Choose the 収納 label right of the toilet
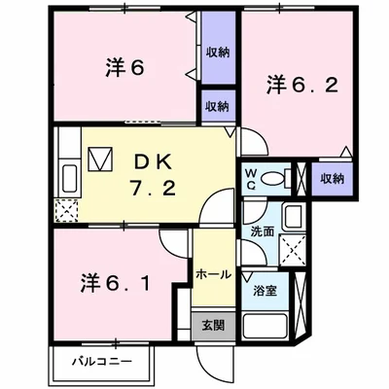[332, 179]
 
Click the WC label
[250, 179]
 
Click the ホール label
[213, 275]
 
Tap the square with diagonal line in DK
[99, 159]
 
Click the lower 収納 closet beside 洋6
[218, 105]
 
